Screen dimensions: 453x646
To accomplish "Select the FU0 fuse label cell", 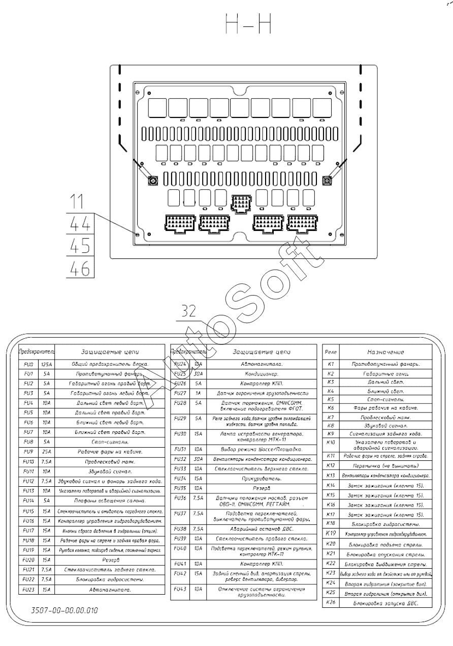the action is (28, 364).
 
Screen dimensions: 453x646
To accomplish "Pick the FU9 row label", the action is (28, 451).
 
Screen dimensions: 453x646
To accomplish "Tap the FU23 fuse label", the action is (28, 590).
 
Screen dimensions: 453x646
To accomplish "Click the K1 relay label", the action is (331, 364).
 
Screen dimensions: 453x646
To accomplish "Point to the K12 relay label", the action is (331, 465).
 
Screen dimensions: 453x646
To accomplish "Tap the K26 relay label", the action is (331, 603).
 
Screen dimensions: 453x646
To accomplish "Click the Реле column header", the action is (331, 351).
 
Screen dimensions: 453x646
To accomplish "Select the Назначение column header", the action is (385, 351).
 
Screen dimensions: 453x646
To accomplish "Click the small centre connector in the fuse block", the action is (240, 203).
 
